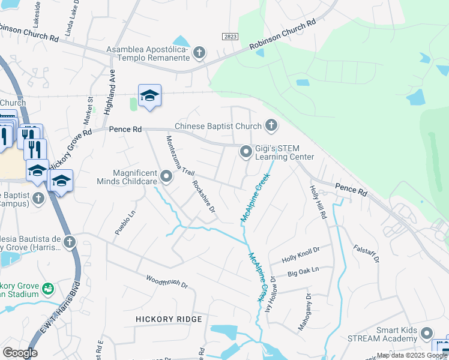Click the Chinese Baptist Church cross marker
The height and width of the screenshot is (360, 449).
coord(271,125)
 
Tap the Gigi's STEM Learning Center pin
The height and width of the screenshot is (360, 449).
coord(246,152)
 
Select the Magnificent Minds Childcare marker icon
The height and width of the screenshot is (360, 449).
coord(166,177)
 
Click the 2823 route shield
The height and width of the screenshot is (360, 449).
coord(229,37)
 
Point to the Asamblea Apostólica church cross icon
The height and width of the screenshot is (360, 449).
coord(199,54)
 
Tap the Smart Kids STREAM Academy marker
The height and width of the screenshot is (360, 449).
coord(427,333)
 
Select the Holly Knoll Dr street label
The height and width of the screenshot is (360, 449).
coord(301,254)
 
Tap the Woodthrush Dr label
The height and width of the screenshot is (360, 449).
coord(167,281)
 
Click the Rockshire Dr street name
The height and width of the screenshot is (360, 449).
coord(203,197)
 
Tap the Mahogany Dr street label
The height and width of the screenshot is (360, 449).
coord(304,312)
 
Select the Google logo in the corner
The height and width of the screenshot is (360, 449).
coord(20,352)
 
